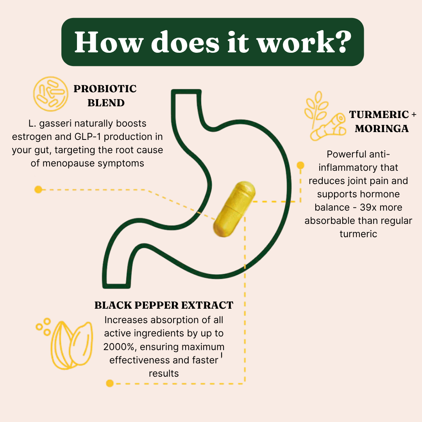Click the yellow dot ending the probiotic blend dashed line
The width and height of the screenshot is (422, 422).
tap(38, 190)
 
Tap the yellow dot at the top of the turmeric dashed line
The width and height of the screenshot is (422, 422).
tap(300, 165)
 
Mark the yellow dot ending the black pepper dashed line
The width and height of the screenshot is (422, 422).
tap(110, 383)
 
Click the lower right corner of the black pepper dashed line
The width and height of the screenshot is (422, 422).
tap(245, 383)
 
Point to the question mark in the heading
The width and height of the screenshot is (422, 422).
tap(342, 42)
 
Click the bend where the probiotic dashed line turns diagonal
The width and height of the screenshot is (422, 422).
tap(147, 190)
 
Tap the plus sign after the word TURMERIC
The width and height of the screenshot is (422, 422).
tap(414, 114)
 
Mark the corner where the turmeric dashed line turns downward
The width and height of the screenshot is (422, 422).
tap(300, 201)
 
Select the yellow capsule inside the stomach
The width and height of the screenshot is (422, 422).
tap(234, 209)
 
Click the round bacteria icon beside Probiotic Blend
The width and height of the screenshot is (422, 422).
tap(50, 94)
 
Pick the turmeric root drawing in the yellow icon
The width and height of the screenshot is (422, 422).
tap(328, 127)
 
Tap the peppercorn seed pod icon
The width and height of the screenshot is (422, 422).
tap(72, 345)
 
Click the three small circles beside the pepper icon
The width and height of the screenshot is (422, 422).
tap(44, 327)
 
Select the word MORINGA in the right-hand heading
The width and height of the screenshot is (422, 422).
tap(382, 129)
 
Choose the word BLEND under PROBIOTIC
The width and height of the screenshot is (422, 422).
tap(106, 103)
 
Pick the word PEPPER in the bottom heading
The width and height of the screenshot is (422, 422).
tap(156, 305)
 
